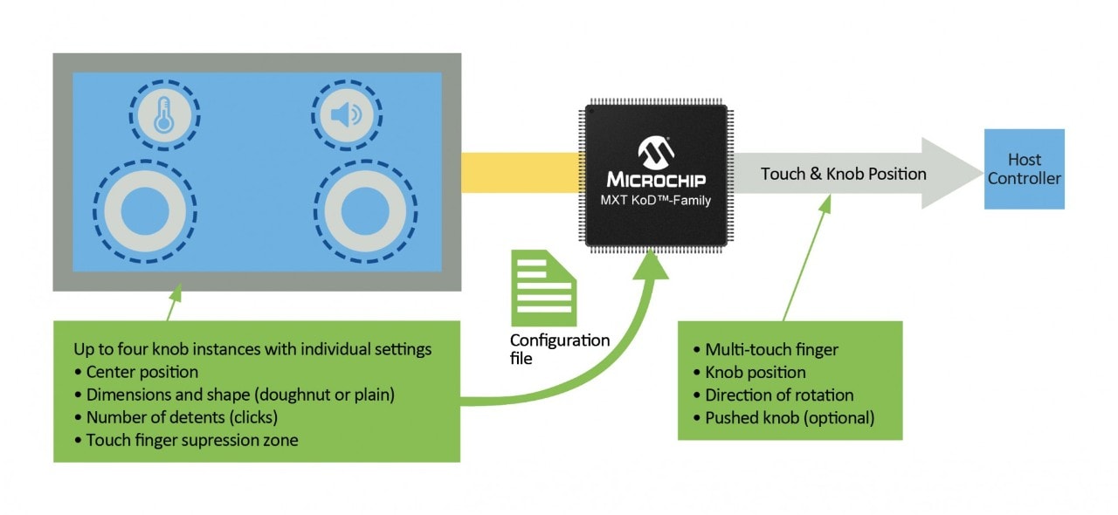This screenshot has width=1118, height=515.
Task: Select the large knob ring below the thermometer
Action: [145, 209]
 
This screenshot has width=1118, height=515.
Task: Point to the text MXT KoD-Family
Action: [656, 201]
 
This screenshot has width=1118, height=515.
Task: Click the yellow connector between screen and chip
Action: [522, 172]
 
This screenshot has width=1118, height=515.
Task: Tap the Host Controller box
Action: [1025, 169]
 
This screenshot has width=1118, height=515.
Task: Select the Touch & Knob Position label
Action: [843, 174]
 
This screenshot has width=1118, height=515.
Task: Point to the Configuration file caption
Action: [560, 348]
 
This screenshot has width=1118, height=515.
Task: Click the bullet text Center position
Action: [142, 373]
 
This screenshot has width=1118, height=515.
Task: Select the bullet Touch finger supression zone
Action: [192, 440]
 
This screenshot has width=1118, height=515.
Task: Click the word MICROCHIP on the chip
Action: [656, 180]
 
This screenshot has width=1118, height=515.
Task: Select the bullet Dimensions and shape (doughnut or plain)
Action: [240, 395]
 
